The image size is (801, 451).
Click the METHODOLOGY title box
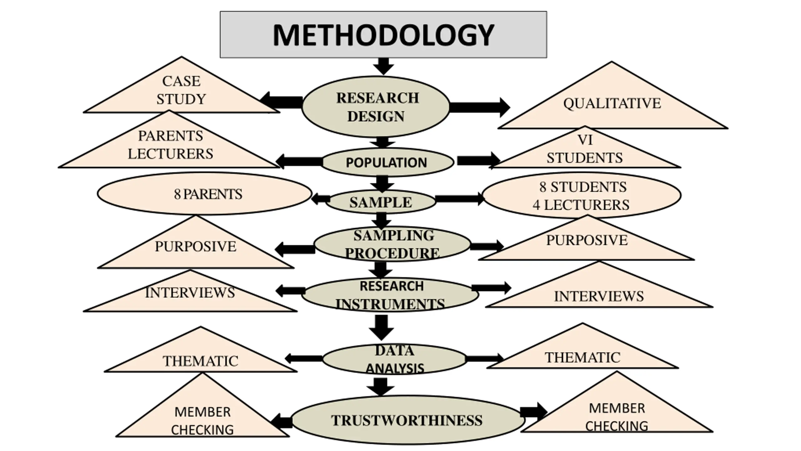[383, 34]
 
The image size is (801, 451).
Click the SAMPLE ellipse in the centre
[381, 202]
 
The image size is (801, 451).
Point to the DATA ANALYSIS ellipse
[394, 359]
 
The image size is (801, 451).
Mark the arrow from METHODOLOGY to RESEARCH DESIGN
[384, 66]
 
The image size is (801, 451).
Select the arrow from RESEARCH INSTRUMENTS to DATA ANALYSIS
[381, 327]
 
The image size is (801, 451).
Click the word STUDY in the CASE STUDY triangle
[181, 99]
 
